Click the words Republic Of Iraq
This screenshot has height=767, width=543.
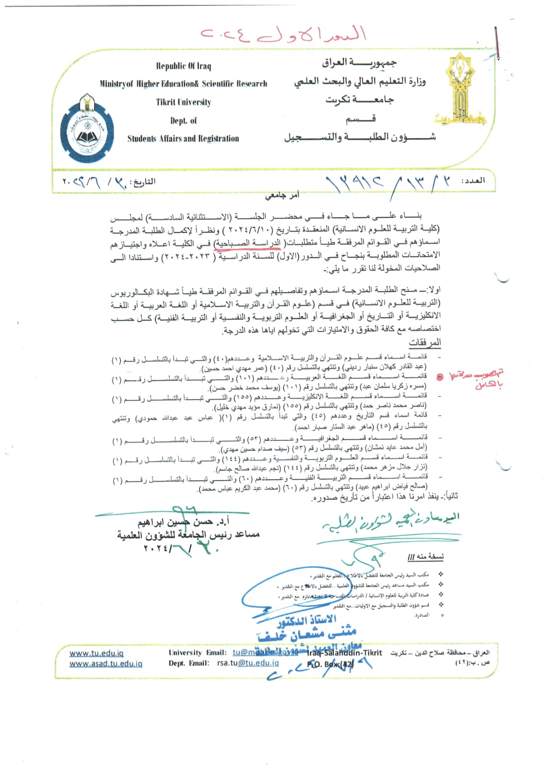(x=183, y=66)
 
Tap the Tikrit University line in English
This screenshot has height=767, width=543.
(x=183, y=102)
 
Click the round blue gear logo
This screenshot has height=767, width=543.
(x=87, y=128)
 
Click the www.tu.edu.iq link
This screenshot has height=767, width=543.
(x=97, y=653)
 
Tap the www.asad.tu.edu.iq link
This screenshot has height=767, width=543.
(x=106, y=664)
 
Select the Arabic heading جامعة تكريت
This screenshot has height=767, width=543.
(x=360, y=100)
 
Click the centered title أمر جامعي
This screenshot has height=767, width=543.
(x=283, y=196)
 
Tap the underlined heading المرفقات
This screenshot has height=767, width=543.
(x=424, y=342)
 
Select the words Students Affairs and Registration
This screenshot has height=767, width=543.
(x=183, y=139)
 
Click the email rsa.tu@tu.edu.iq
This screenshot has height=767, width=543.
(x=248, y=663)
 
